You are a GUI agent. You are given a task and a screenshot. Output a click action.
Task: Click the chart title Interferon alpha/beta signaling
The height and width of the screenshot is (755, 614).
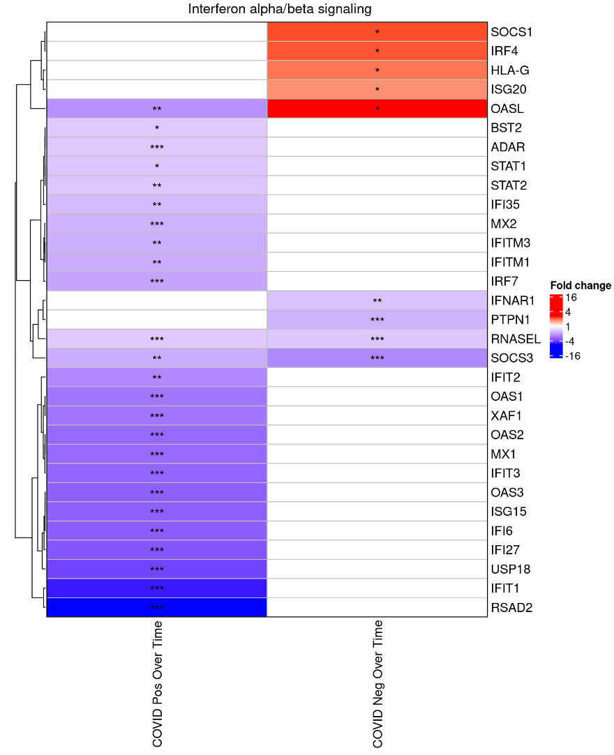coord(280,9)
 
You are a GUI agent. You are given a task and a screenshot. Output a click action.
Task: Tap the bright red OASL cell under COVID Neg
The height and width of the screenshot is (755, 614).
coord(377,109)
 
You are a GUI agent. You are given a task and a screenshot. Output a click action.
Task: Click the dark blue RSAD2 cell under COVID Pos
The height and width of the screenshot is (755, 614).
coord(157,607)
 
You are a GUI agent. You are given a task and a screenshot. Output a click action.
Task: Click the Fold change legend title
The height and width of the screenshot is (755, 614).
coord(581,285)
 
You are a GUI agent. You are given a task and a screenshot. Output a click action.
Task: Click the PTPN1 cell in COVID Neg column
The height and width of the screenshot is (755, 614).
coord(377,320)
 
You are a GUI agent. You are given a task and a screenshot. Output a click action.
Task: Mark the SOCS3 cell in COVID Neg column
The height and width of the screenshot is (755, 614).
coord(377,358)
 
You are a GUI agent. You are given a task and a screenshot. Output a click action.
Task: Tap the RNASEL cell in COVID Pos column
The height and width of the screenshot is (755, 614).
coord(157,339)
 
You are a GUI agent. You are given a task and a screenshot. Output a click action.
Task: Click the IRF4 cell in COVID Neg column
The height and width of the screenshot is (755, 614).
coord(377,51)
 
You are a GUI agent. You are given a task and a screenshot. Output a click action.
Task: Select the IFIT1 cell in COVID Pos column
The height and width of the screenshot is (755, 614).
coord(157,588)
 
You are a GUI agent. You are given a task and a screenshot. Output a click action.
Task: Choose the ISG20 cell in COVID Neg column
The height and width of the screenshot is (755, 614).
coord(377,89)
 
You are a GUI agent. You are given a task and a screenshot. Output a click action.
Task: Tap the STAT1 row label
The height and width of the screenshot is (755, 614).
coord(509,166)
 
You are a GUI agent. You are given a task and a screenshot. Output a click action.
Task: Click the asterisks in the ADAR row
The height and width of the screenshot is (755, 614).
coord(157,148)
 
